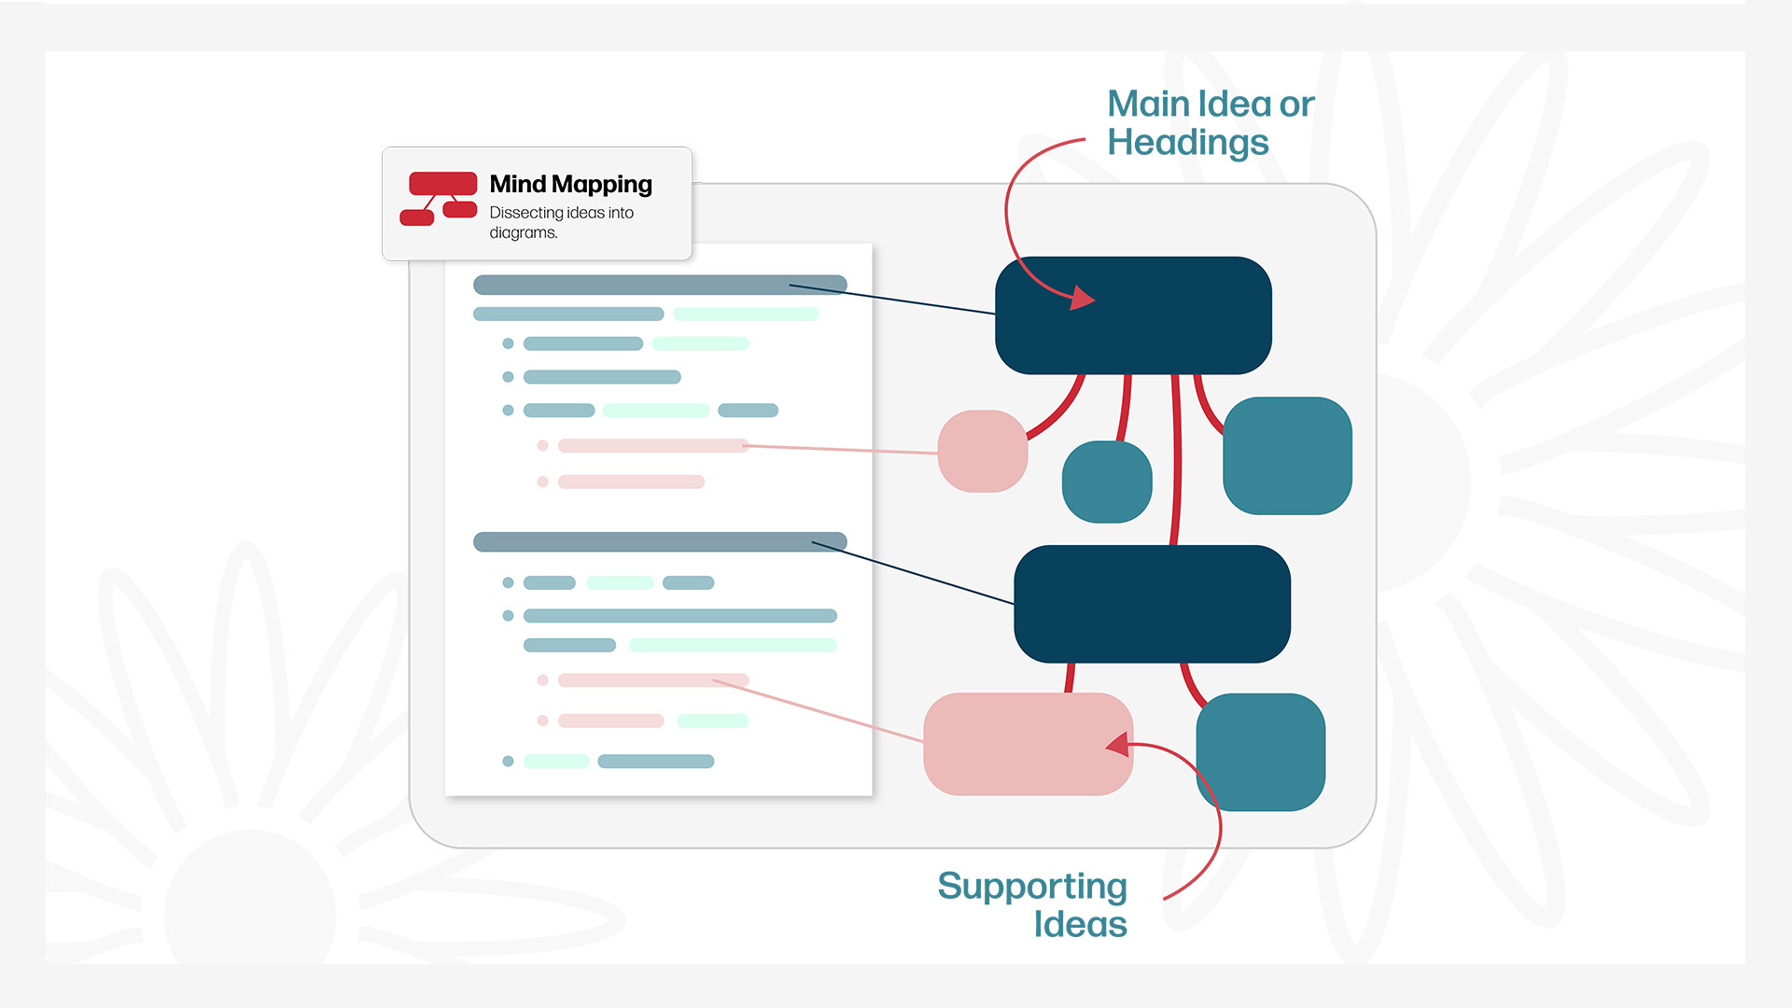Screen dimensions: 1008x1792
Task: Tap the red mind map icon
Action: [x=439, y=198]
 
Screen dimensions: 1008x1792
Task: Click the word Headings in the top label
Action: [x=1187, y=143]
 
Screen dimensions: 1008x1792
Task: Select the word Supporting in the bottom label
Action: [x=1031, y=886]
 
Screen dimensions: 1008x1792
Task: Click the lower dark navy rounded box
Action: [x=1152, y=605]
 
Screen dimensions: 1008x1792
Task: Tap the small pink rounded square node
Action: [x=982, y=451]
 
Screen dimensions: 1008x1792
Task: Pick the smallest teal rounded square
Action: [x=1107, y=482]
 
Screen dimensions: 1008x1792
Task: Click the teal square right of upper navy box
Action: [x=1287, y=455]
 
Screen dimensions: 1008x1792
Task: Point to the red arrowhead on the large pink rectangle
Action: [x=1118, y=744]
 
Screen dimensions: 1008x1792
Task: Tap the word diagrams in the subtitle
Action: [x=523, y=233]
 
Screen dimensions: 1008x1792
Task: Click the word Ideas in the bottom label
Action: [x=1080, y=925]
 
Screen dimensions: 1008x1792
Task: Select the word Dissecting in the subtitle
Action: [x=525, y=213]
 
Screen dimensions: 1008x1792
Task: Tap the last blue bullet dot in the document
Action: [x=508, y=762]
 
